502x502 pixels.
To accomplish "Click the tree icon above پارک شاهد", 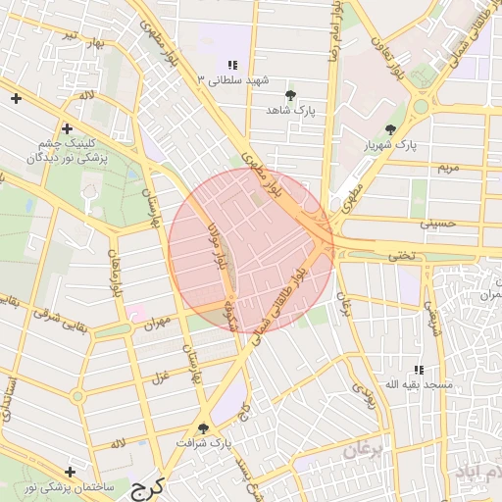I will [x=291, y=95].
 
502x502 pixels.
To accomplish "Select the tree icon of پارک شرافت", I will [x=204, y=427].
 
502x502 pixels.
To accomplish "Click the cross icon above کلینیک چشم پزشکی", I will [x=68, y=128].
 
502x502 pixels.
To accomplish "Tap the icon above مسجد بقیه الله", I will [x=419, y=370].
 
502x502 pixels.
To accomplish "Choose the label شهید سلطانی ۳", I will [x=231, y=79].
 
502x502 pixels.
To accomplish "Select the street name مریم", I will [x=446, y=169].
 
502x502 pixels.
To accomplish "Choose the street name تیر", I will [x=69, y=35].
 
